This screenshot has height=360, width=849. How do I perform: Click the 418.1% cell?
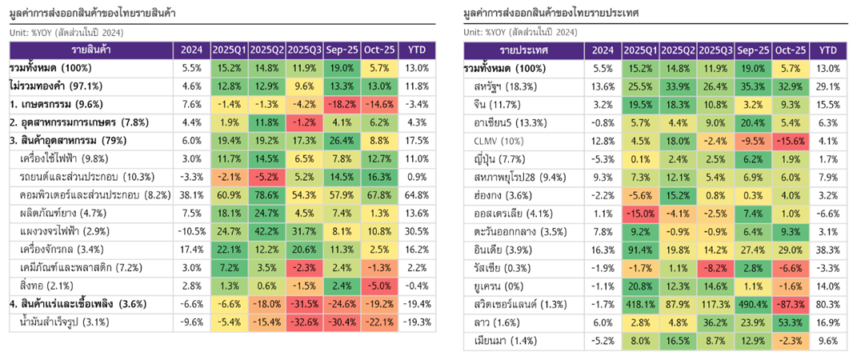[x=639, y=304]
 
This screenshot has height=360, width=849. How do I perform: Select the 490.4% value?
[x=752, y=304]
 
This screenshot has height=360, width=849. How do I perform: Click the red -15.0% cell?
[x=639, y=214]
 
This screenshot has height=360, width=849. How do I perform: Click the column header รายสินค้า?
[x=89, y=50]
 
